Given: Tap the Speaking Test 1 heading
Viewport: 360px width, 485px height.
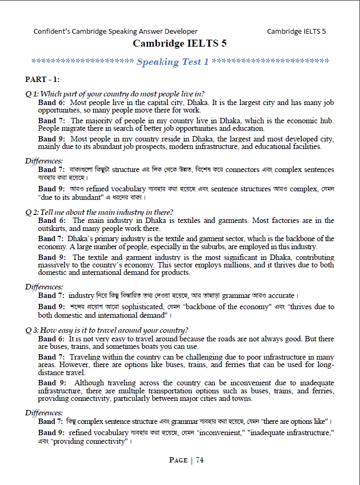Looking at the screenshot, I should click(x=172, y=62).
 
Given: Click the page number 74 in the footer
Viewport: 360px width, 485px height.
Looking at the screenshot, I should click(x=199, y=459).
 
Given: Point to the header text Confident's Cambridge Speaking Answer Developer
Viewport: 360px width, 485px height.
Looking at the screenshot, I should click(x=115, y=31).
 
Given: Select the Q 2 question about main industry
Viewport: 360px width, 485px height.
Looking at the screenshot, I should click(x=99, y=212).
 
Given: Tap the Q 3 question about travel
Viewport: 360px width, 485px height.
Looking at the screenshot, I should click(x=107, y=330).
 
